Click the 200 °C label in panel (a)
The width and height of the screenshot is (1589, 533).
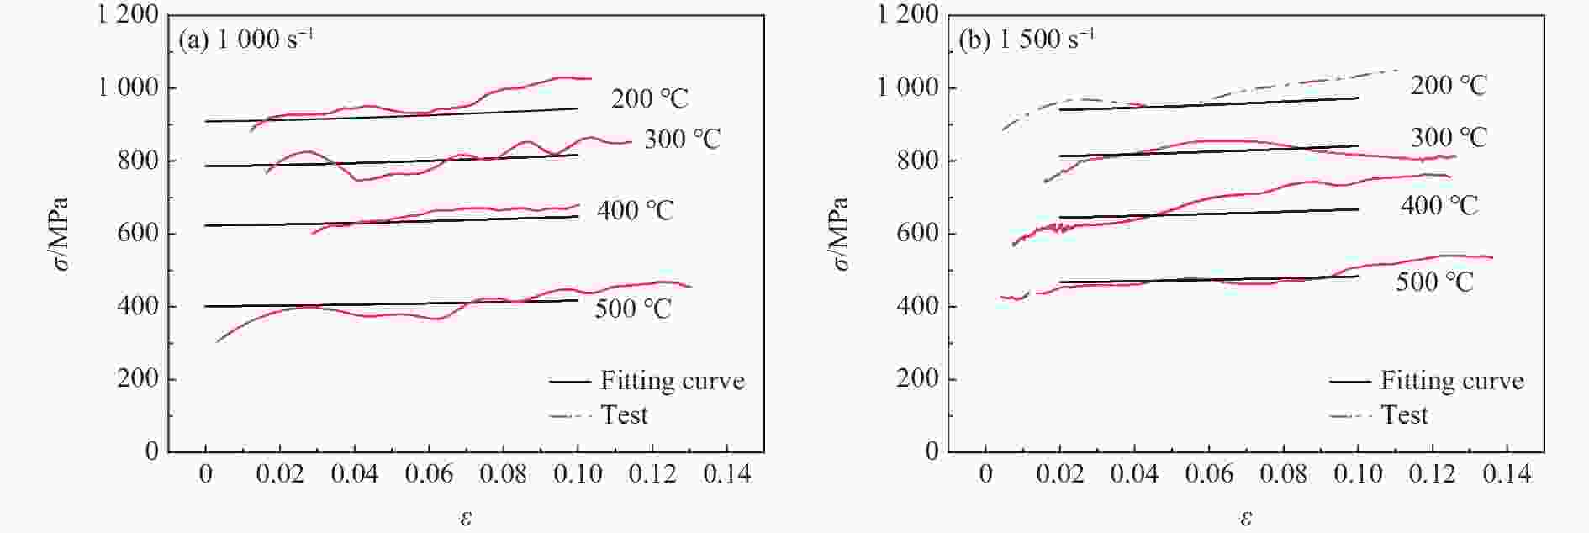click(649, 98)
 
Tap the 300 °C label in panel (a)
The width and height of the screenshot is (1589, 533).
click(682, 139)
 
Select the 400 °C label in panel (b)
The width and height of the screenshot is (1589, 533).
click(1439, 205)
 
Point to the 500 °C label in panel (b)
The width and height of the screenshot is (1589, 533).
click(1434, 282)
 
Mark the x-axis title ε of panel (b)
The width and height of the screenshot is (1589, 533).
click(1246, 517)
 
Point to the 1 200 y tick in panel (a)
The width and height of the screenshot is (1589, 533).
click(129, 14)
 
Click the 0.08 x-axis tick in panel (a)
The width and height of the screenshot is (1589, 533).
click(503, 474)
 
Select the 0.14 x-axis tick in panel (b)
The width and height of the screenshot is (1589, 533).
click(1507, 474)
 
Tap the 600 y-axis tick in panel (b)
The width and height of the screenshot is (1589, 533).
click(916, 233)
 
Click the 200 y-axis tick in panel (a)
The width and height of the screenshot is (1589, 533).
click(138, 378)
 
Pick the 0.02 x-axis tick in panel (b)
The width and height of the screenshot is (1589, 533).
click(1060, 474)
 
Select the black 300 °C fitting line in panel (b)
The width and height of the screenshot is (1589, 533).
click(1211, 150)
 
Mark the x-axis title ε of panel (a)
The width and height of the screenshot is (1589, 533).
click(466, 517)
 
